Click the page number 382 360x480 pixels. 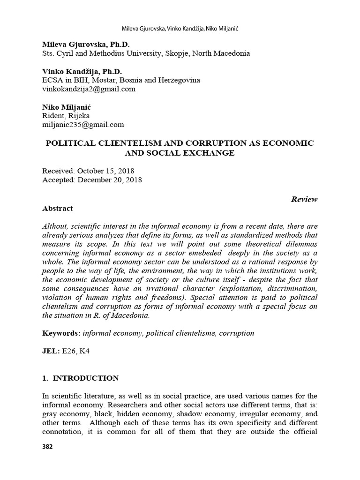tap(47, 447)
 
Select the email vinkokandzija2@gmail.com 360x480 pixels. tap(89, 89)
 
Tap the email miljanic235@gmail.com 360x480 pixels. tap(83, 124)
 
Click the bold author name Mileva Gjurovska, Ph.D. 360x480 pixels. tap(83, 45)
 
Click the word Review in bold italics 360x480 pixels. tap(304, 199)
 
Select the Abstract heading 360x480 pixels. tap(57, 208)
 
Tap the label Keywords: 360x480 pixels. tap(61, 333)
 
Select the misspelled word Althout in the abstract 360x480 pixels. tap(54, 225)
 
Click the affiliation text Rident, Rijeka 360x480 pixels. tap(66, 116)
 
